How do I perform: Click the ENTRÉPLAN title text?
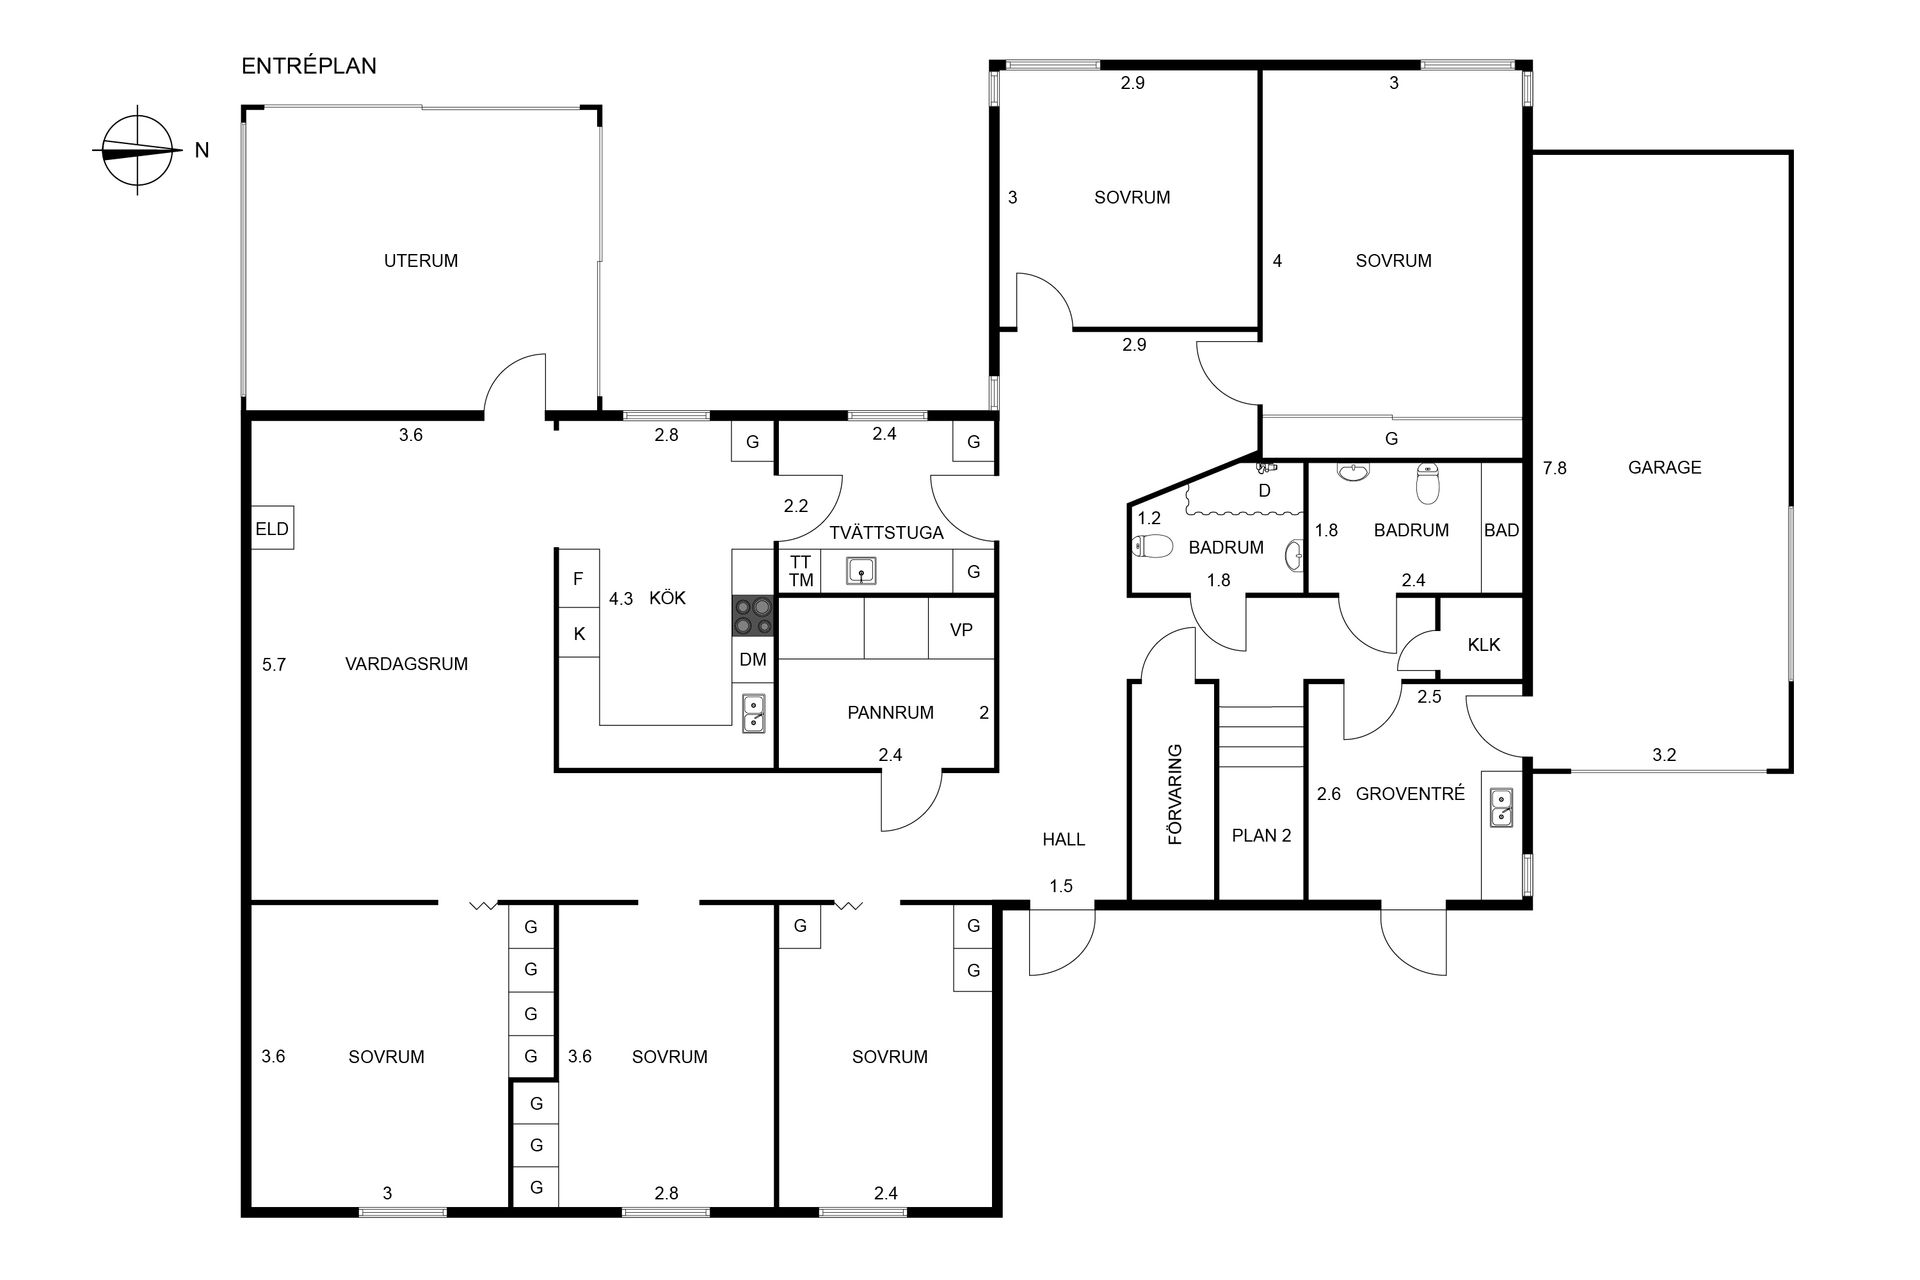pyautogui.click(x=309, y=66)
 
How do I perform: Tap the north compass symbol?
pyautogui.click(x=138, y=150)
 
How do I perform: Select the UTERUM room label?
pyautogui.click(x=421, y=261)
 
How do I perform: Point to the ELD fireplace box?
pyautogui.click(x=272, y=529)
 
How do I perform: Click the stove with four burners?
pyautogui.click(x=753, y=616)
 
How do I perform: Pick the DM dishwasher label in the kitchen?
pyautogui.click(x=753, y=659)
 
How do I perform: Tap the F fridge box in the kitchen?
pyautogui.click(x=578, y=579)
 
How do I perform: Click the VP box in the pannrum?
pyautogui.click(x=961, y=629)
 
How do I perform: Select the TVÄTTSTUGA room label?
pyautogui.click(x=886, y=533)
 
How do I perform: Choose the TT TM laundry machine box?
pyautogui.click(x=800, y=571)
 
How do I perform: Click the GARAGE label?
pyautogui.click(x=1664, y=467)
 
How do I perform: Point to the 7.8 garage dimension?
pyautogui.click(x=1555, y=467)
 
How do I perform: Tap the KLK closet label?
pyautogui.click(x=1484, y=645)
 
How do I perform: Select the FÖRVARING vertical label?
pyautogui.click(x=1176, y=794)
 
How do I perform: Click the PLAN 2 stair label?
pyautogui.click(x=1261, y=835)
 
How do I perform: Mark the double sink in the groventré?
pyautogui.click(x=1501, y=807)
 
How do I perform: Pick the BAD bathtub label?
pyautogui.click(x=1501, y=530)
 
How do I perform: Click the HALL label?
pyautogui.click(x=1064, y=840)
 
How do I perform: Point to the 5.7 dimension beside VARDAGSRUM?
pyautogui.click(x=274, y=664)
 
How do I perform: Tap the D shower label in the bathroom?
pyautogui.click(x=1264, y=491)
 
